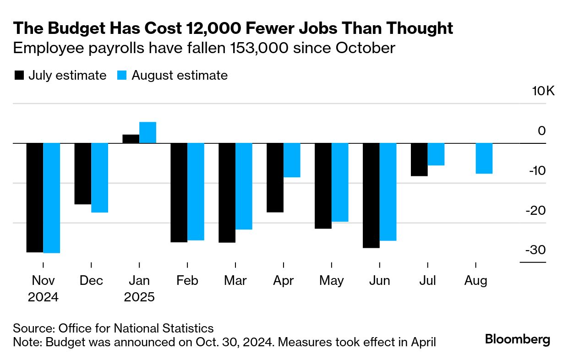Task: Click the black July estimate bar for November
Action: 34,197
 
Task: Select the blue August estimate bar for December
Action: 99,178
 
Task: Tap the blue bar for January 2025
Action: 147,132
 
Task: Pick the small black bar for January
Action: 131,139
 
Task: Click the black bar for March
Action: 227,192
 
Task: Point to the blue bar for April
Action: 292,160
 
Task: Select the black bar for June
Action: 371,195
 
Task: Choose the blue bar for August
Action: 484,158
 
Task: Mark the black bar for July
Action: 419,159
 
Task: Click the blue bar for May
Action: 340,182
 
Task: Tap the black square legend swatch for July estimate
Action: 19,76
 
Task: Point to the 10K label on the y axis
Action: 543,91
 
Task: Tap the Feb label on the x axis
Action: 187,280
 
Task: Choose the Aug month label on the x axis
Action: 476,280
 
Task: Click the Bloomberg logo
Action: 518,339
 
